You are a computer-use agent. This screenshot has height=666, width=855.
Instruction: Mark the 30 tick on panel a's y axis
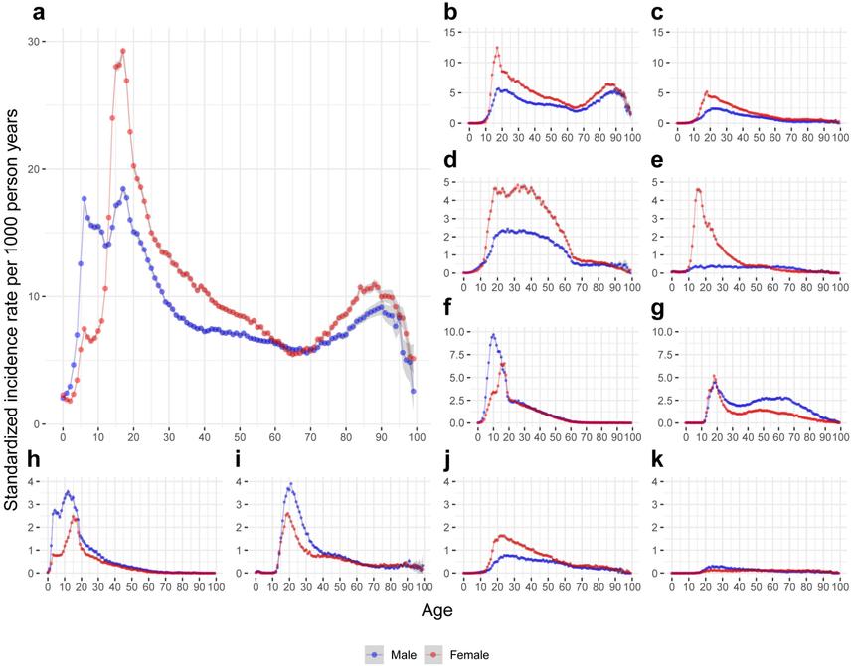tap(37, 42)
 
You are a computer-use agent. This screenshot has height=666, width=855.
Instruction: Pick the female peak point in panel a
tap(122, 51)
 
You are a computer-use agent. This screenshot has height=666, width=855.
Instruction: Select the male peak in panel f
tap(493, 335)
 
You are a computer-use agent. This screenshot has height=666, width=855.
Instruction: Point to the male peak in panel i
tap(290, 485)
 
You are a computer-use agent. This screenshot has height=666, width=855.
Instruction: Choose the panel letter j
tap(449, 461)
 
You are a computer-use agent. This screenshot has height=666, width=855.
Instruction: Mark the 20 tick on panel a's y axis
tap(37, 169)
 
